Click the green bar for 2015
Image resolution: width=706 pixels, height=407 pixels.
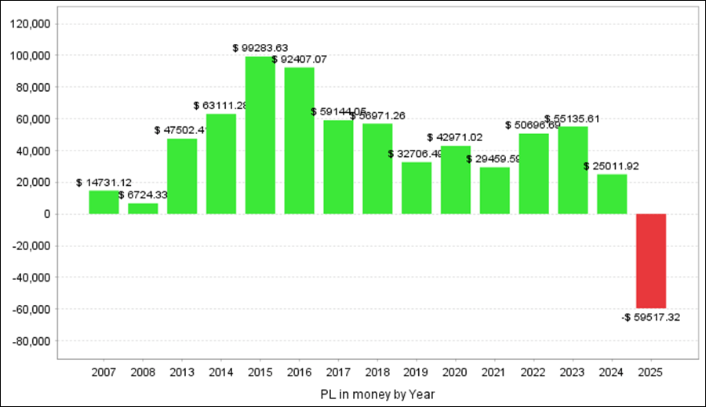click(260, 135)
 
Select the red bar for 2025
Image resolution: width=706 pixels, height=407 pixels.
click(651, 261)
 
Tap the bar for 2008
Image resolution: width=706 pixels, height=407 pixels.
click(143, 209)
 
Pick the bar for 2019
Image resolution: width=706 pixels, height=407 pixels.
click(417, 187)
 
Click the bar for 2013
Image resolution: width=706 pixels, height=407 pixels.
click(182, 176)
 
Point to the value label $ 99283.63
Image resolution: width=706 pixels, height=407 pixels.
click(260, 48)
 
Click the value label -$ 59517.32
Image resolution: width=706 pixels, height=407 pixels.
click(651, 318)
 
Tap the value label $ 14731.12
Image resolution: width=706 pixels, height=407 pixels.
click(104, 182)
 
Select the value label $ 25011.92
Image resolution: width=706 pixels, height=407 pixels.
click(612, 166)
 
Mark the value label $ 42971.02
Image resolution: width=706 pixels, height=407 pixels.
click(455, 137)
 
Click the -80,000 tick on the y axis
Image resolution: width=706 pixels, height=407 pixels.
click(33, 341)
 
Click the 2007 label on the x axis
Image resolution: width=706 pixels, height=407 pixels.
click(104, 372)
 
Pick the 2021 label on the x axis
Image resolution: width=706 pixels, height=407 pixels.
click(494, 372)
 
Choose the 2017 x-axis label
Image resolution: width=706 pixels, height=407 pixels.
click(338, 372)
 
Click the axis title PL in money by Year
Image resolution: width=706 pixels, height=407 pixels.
click(377, 393)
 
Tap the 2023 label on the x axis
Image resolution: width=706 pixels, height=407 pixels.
click(573, 372)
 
